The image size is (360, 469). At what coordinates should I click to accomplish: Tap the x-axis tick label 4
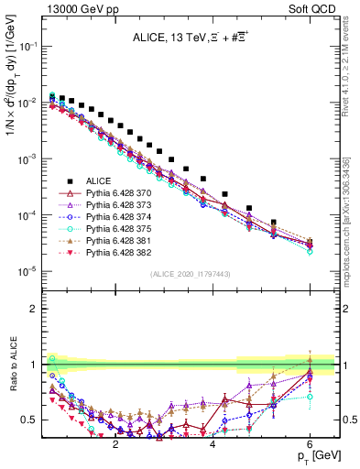(x=213, y=443)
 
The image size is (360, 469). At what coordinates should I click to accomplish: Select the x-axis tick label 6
(x=310, y=443)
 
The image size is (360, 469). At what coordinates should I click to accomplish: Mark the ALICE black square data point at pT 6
(x=310, y=243)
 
